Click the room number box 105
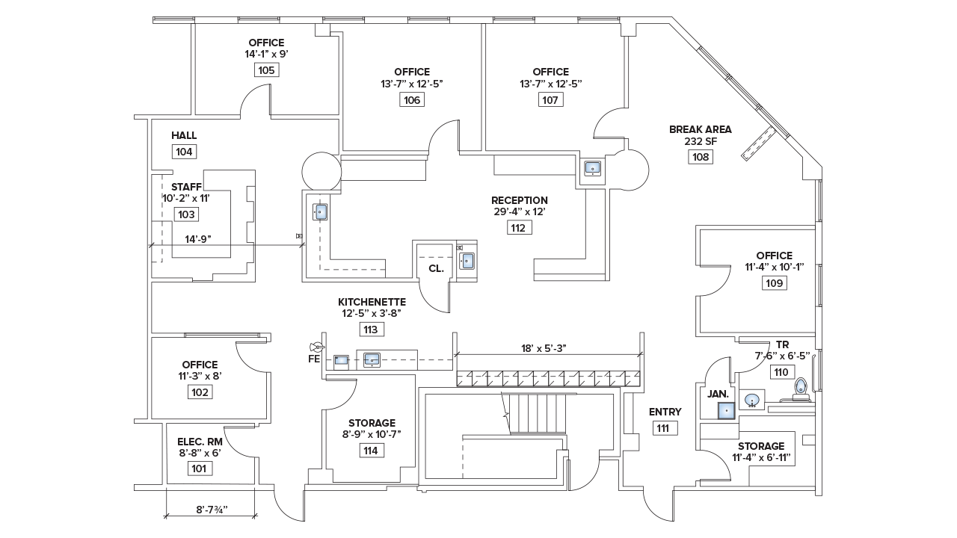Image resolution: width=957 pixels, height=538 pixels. [266, 70]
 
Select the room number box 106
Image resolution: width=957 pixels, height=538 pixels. [411, 100]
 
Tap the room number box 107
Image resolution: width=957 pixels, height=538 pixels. [550, 100]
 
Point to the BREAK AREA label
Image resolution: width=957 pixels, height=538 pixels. [701, 129]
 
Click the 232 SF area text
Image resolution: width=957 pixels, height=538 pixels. [701, 142]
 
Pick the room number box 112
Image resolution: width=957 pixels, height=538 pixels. [519, 228]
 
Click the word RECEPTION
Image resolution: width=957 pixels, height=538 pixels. [520, 200]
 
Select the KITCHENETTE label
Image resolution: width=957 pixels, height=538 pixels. [372, 302]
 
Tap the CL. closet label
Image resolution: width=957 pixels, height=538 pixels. [436, 268]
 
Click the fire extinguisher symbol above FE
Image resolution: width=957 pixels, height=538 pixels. [317, 347]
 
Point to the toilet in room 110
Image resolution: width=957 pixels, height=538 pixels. [801, 387]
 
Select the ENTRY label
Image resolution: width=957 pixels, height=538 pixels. [665, 412]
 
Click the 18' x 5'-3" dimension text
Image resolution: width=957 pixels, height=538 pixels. [549, 347]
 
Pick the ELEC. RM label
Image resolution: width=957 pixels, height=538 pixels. [200, 442]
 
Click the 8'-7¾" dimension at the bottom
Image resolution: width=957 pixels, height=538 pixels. [212, 510]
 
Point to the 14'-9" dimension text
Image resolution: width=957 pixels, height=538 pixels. [198, 240]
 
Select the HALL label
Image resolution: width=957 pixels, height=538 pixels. [184, 135]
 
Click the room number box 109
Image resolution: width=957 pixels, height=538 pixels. [774, 283]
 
